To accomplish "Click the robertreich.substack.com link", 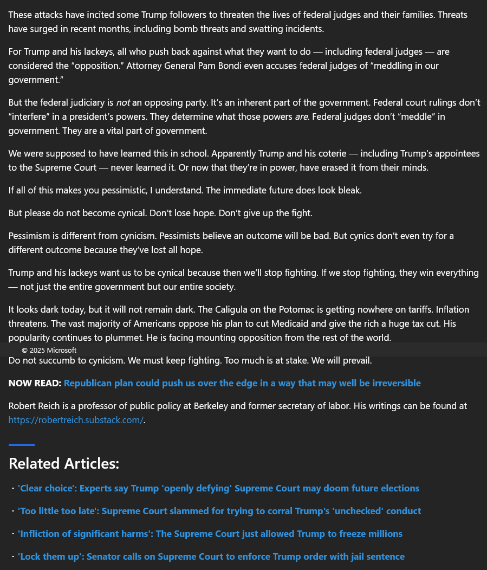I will point(76,420).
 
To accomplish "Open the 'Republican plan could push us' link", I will point(242,383).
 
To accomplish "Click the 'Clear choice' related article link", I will point(218,488).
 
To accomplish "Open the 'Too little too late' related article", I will point(219,511).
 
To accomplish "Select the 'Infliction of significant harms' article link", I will point(210,534).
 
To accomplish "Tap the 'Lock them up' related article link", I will point(211,556).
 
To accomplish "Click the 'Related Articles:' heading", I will point(64,463).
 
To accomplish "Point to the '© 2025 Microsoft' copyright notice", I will point(49,350).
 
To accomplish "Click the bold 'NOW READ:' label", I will point(35,383).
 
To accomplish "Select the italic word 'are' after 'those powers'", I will point(301,116).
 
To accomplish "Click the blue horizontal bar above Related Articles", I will point(22,445).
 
